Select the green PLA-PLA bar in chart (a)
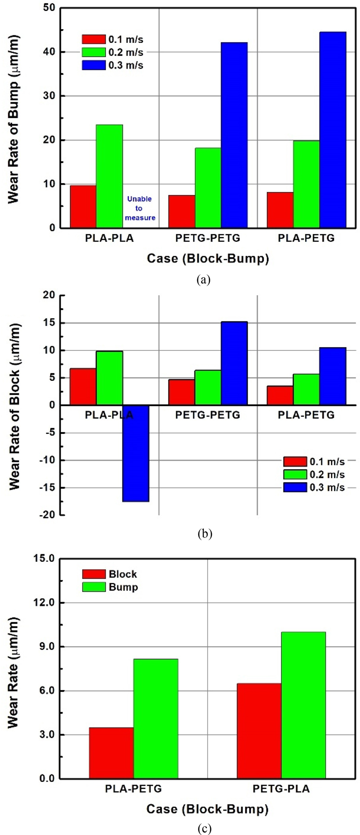(x=109, y=176)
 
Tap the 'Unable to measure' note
(x=140, y=208)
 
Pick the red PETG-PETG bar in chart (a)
(x=182, y=211)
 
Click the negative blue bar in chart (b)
(x=136, y=453)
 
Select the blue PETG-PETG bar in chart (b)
(x=234, y=363)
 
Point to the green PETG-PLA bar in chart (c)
(x=303, y=705)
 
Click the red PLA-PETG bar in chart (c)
(x=111, y=753)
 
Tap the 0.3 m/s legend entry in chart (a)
(x=112, y=65)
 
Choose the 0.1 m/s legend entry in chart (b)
(x=314, y=461)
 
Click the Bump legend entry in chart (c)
(x=110, y=587)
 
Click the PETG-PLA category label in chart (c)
(x=281, y=789)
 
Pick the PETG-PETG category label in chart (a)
(x=207, y=238)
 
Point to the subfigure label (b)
(x=204, y=534)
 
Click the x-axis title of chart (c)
(x=207, y=809)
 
